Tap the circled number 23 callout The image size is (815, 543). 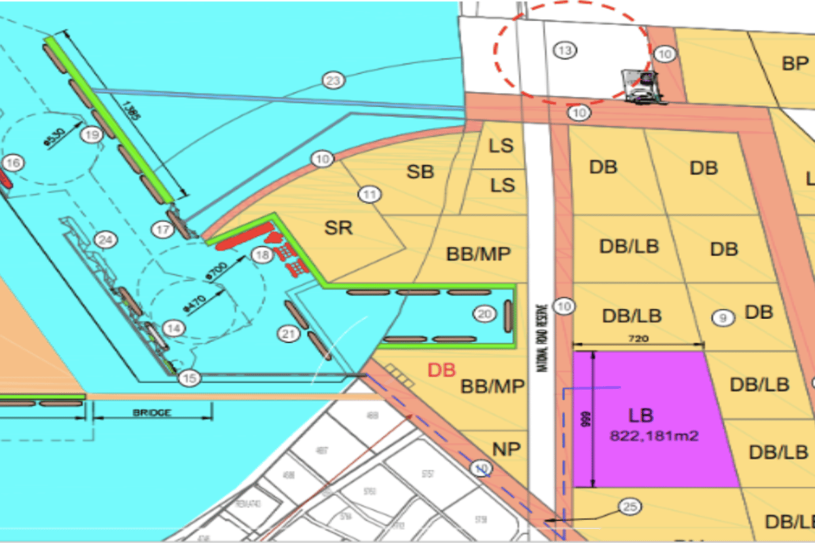click(x=332, y=82)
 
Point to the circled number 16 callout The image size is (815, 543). click(x=13, y=163)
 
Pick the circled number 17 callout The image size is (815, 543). click(x=163, y=230)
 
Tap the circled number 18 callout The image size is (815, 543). click(x=261, y=255)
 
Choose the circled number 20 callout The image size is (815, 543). click(x=484, y=314)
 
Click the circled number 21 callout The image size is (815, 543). click(x=289, y=333)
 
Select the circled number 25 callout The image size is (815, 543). click(x=630, y=506)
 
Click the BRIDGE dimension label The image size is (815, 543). click(x=152, y=412)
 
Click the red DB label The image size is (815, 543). click(x=441, y=371)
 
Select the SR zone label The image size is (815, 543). click(x=338, y=227)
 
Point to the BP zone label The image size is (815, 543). click(x=795, y=64)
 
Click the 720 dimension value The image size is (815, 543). click(x=638, y=338)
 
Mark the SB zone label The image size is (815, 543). click(x=420, y=172)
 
